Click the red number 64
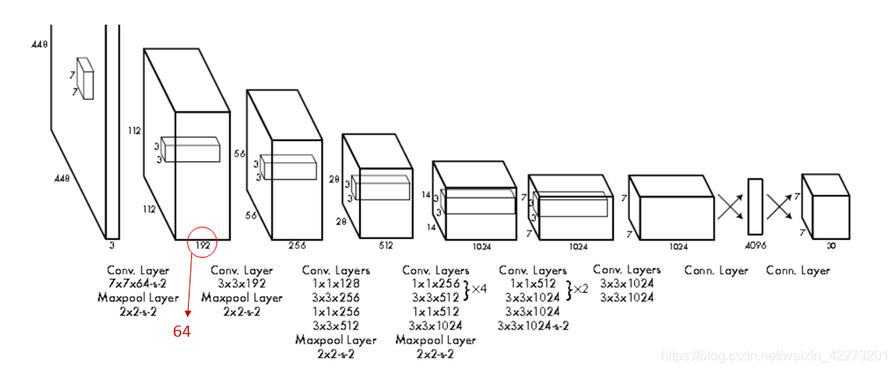tap(182, 332)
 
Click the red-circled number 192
tap(202, 246)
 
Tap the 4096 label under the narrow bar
tap(756, 246)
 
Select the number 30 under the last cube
tap(830, 246)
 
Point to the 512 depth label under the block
tap(386, 246)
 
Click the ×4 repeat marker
tap(479, 289)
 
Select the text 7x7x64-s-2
tap(138, 284)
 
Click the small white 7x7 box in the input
tap(85, 77)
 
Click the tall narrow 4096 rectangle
tap(755, 206)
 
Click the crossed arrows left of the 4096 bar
tap(730, 206)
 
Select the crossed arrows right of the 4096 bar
tap(780, 206)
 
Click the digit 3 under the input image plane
tap(111, 246)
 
